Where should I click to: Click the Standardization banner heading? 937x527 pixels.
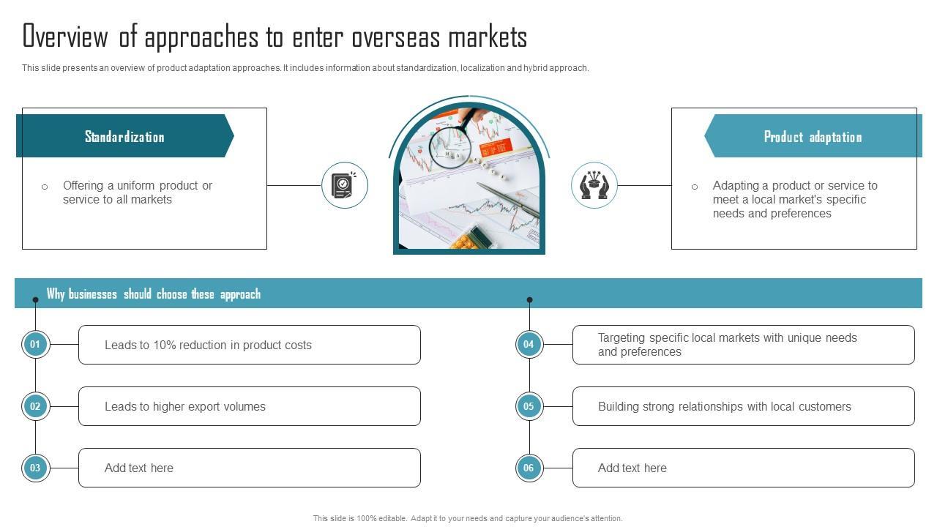point(124,137)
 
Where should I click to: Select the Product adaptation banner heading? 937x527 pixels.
point(813,137)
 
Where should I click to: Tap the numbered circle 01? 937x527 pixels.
point(35,344)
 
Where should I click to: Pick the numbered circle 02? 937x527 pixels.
point(35,406)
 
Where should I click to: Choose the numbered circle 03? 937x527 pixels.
point(35,468)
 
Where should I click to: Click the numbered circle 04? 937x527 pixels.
point(529,344)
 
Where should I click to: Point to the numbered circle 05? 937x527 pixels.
point(529,406)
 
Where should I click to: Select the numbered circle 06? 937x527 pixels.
point(529,468)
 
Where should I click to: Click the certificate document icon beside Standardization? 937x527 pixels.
point(344,185)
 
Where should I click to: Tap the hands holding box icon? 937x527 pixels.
point(594,185)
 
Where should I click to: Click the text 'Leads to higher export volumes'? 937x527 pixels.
point(184,407)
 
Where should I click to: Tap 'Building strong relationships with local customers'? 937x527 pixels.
point(724,407)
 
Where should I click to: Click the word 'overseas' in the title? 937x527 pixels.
point(395,37)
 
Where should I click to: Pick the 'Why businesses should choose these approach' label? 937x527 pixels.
point(153,294)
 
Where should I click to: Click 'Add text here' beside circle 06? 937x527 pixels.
point(632,468)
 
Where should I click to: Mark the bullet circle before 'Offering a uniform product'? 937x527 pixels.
point(45,187)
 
